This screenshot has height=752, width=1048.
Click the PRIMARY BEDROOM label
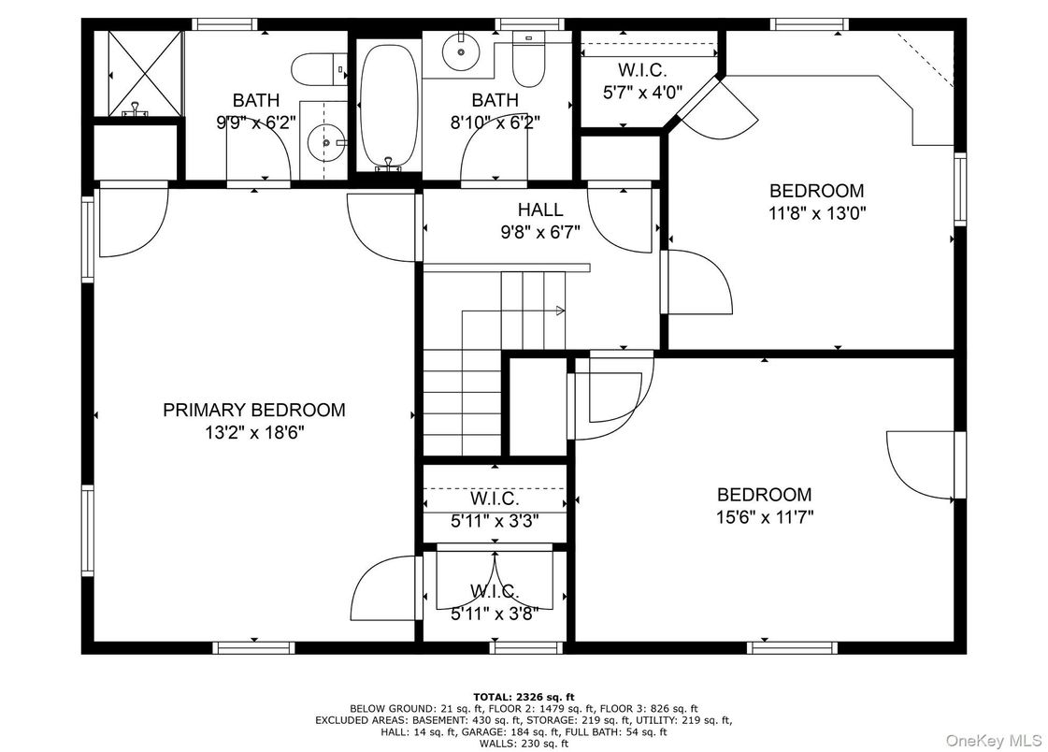click(253, 410)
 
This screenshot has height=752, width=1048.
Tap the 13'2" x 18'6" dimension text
click(253, 432)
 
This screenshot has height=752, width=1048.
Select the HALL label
click(540, 210)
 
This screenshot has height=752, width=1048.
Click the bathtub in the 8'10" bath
click(388, 103)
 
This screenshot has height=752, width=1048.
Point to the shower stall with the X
click(137, 73)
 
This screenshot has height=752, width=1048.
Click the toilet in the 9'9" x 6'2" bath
click(312, 68)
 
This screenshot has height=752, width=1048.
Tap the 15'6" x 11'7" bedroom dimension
click(764, 516)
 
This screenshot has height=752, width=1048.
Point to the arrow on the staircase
click(559, 310)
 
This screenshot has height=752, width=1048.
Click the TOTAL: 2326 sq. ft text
click(524, 696)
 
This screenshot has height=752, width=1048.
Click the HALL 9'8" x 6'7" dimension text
click(540, 232)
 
